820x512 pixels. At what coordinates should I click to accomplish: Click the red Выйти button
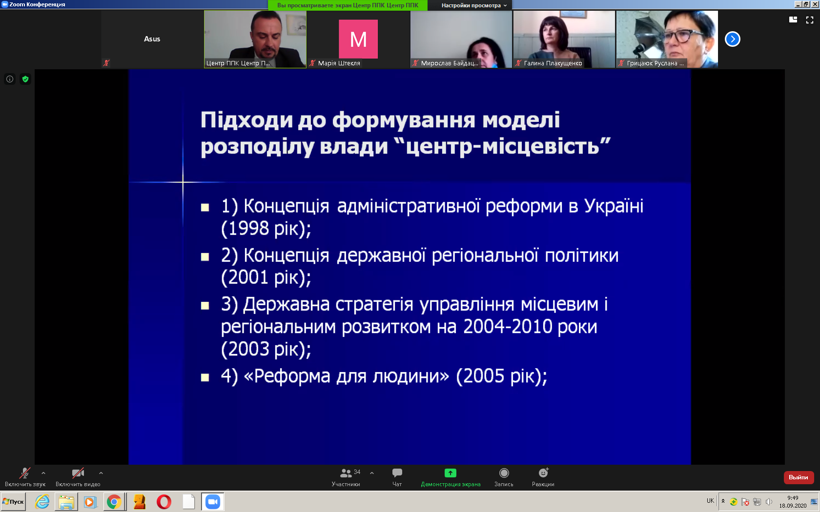click(799, 477)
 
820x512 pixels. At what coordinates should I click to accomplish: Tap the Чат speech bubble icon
click(397, 473)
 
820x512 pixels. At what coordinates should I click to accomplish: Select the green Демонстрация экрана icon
click(450, 473)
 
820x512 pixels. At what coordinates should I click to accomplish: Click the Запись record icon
click(504, 473)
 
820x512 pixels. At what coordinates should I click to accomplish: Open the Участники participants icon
click(346, 473)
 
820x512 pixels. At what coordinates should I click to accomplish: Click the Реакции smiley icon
click(544, 473)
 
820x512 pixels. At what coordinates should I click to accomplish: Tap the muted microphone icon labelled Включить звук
click(25, 473)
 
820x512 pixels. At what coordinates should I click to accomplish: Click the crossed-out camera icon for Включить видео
click(78, 473)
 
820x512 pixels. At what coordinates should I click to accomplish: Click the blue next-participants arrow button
click(733, 39)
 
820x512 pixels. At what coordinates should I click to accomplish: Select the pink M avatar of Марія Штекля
click(358, 39)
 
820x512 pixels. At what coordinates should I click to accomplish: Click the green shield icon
click(25, 79)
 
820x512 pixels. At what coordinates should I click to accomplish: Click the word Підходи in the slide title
click(247, 121)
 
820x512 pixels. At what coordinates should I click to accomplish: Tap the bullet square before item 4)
click(205, 377)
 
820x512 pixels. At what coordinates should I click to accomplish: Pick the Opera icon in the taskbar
click(164, 502)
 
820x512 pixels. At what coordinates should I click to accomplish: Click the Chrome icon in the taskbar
click(114, 502)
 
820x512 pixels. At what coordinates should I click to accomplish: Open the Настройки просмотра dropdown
click(474, 5)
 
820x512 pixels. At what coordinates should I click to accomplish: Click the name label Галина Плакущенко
click(553, 63)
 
